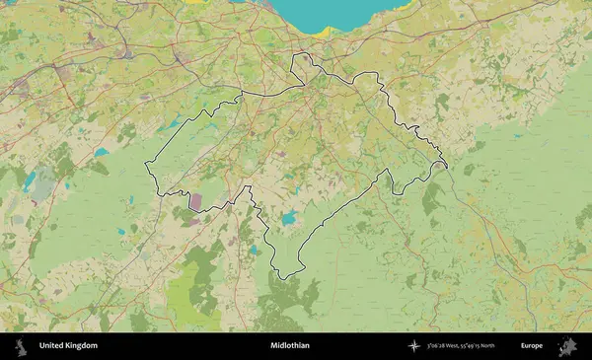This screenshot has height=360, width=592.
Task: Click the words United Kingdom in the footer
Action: point(68,346)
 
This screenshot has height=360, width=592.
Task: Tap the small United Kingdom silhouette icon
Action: point(20,346)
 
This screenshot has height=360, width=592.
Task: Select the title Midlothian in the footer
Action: point(290,346)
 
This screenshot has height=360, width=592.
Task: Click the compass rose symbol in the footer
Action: point(412,346)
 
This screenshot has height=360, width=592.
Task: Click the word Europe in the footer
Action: point(532,346)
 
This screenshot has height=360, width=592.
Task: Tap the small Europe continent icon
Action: point(568,346)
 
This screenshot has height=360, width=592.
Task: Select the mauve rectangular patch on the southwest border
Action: point(195,201)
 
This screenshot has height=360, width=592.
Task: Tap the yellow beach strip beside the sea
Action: point(323,32)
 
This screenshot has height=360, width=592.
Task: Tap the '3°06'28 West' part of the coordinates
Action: point(448,346)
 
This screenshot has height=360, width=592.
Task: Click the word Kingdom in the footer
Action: point(81,346)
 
